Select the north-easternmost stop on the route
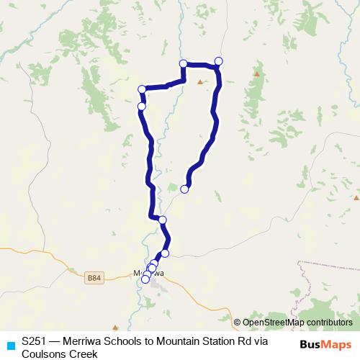click(219, 60)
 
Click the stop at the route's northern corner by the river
click(183, 63)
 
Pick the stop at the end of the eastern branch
click(184, 189)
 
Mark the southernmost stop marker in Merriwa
click(145, 280)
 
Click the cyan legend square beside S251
click(10, 344)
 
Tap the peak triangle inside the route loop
click(200, 81)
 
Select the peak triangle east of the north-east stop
click(257, 73)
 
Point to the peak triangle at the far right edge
click(356, 197)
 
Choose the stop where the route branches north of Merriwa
click(162, 220)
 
